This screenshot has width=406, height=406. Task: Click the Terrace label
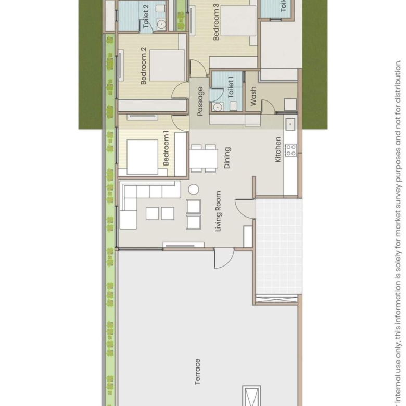coord(198,371)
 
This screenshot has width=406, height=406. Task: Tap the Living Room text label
coord(219,211)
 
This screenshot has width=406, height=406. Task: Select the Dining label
coord(227,158)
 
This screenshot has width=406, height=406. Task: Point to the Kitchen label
coord(278,150)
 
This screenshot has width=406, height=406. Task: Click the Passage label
coord(200,102)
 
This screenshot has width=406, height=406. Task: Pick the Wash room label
coord(253,96)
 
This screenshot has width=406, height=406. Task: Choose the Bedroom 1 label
coord(166,148)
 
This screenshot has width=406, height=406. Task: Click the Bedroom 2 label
coord(144,66)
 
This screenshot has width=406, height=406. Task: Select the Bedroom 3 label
coord(216,22)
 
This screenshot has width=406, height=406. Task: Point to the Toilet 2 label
coord(146,16)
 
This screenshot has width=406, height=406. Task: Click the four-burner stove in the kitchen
coord(290,150)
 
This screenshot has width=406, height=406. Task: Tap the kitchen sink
coord(290,124)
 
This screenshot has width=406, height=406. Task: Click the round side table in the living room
coord(194,189)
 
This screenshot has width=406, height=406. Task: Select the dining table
coord(204,159)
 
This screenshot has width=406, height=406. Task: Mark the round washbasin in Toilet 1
coord(218,107)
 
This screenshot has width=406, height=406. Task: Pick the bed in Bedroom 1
coord(142,157)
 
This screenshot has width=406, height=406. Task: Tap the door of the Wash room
coord(268,107)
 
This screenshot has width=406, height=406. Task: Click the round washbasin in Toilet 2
coord(161,24)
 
